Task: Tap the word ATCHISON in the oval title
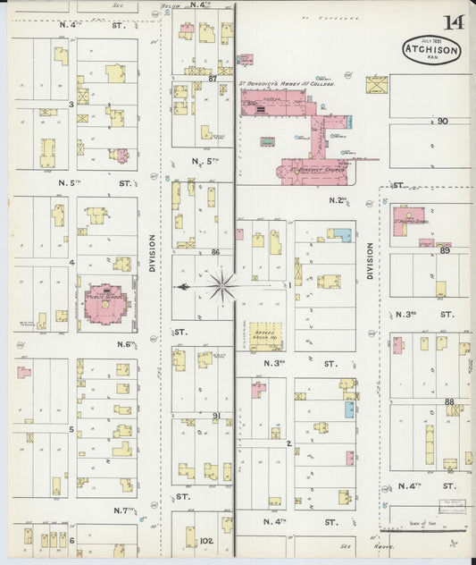pos(431,49)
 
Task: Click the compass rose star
pos(222,287)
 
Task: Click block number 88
pos(449,401)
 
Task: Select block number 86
pos(215,253)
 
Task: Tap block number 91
pos(216,416)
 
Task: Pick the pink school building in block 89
pos(407,218)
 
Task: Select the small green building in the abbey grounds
pos(266,140)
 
